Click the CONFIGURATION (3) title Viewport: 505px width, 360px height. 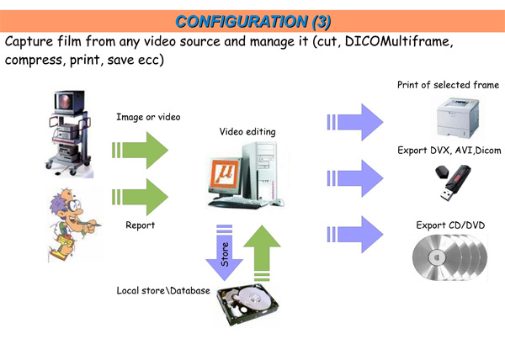(253, 22)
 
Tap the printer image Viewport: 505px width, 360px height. (457, 118)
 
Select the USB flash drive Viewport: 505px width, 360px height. (453, 183)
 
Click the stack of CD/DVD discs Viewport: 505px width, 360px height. (450, 257)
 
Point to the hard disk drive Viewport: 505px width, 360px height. (247, 305)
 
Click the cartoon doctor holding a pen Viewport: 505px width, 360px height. (74, 225)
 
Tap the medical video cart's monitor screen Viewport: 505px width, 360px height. (66, 101)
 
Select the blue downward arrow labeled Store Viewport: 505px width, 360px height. (224, 252)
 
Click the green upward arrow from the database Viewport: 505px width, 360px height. (262, 253)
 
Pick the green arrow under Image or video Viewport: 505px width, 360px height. (140, 151)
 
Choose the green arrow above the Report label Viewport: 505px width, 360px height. (140, 197)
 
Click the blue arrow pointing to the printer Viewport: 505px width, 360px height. (355, 122)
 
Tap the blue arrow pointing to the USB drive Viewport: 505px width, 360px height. (355, 178)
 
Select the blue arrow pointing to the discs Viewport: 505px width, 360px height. (355, 234)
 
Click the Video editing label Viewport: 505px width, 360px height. (247, 131)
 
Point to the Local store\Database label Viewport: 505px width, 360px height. (163, 290)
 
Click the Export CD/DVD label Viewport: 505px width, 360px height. (450, 225)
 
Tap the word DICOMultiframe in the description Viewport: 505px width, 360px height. (399, 41)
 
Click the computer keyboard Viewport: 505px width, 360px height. (236, 203)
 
